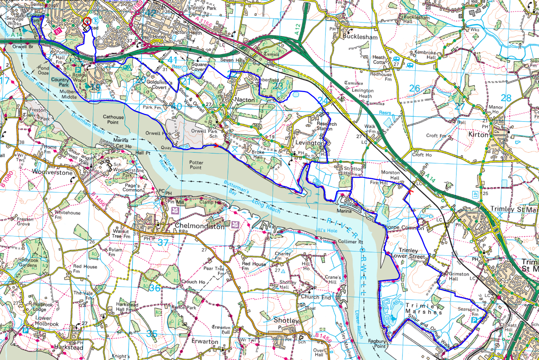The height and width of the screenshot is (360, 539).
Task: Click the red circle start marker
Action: [x=86, y=23]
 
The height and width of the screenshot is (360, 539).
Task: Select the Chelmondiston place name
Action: [x=200, y=227]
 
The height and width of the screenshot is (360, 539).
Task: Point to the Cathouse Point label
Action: [x=114, y=120]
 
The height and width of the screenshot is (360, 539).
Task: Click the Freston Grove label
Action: [x=23, y=221]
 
